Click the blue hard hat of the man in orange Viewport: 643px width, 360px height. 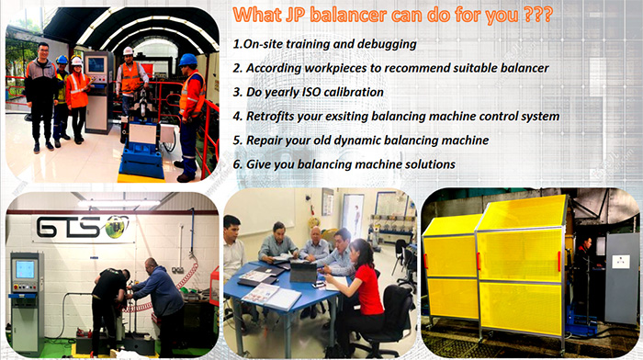click(x=187, y=60)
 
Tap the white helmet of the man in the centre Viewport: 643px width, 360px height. click(x=129, y=51)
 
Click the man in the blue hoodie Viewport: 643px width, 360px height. click(x=164, y=298)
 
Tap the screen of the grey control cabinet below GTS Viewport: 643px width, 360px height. click(x=25, y=269)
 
